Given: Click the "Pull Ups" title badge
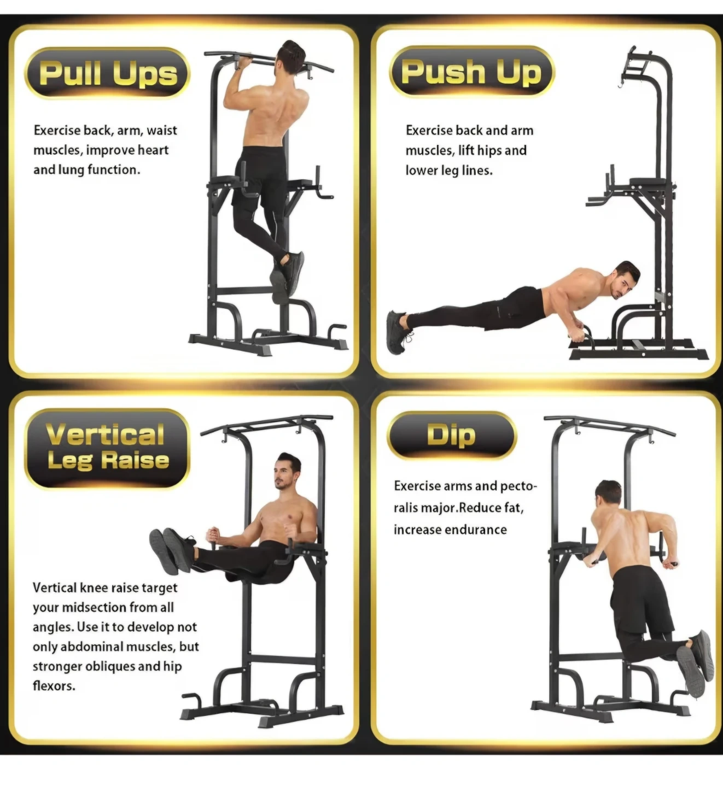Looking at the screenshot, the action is click(107, 73).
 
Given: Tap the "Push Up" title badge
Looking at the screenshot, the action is click(472, 72).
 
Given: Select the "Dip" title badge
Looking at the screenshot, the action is click(452, 435).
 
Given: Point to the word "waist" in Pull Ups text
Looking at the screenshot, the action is click(162, 131).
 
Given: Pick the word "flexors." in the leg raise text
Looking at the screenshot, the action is click(54, 686).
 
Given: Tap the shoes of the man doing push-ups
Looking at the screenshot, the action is click(398, 332).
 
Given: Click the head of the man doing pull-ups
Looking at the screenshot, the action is click(291, 54).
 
